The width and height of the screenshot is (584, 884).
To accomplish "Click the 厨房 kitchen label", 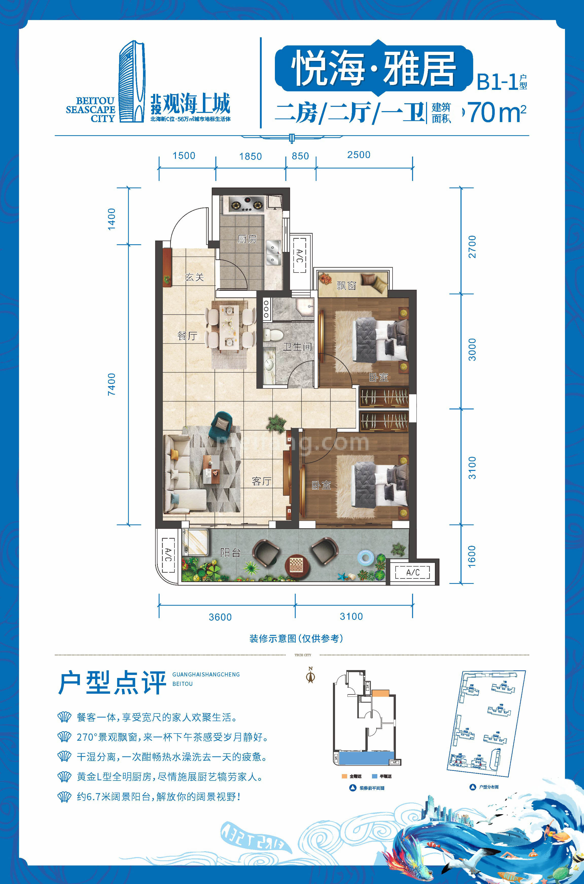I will click(247, 239).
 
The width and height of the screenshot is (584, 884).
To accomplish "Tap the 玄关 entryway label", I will click(194, 277).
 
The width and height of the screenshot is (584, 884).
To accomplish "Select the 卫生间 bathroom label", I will click(297, 347).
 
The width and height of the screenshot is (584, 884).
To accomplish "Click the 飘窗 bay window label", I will click(346, 286).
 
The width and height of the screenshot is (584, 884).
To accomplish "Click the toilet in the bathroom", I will click(270, 334).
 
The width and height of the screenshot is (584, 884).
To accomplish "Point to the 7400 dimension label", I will click(111, 384).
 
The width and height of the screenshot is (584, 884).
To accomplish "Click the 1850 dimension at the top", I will click(250, 157).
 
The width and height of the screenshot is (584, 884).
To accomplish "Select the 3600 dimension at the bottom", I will click(220, 617).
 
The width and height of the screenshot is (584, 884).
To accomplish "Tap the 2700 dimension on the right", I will click(472, 247).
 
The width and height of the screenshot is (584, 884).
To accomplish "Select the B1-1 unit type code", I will click(497, 82).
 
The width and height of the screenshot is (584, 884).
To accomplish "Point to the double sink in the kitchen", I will click(273, 252).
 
